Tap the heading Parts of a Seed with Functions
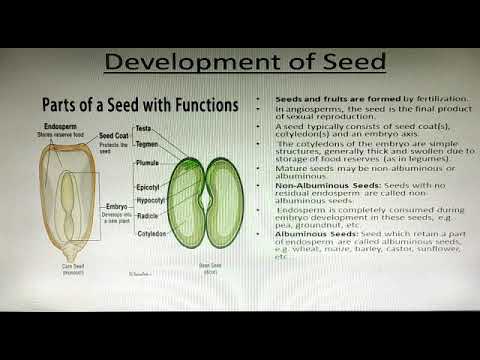pyautogui.click(x=136, y=104)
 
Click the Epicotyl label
pyautogui.click(x=147, y=187)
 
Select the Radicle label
pyautogui.click(x=147, y=215)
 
